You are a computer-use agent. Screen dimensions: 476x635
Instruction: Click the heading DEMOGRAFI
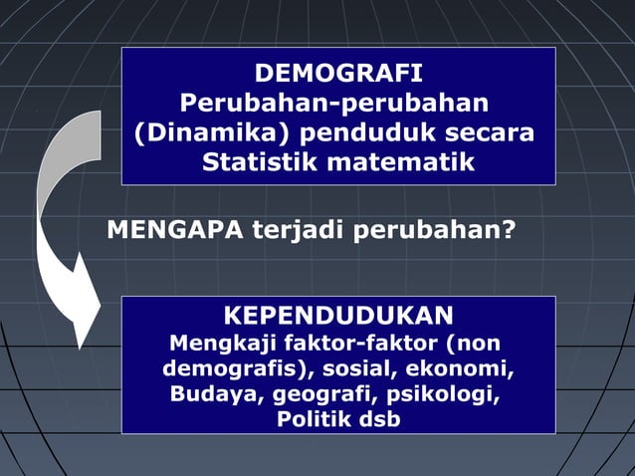(x=338, y=75)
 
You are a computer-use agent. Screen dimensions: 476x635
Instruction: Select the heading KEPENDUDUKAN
(x=338, y=317)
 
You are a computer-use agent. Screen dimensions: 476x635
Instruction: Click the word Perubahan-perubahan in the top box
(x=333, y=104)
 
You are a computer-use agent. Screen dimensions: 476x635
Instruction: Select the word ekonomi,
(x=468, y=369)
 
